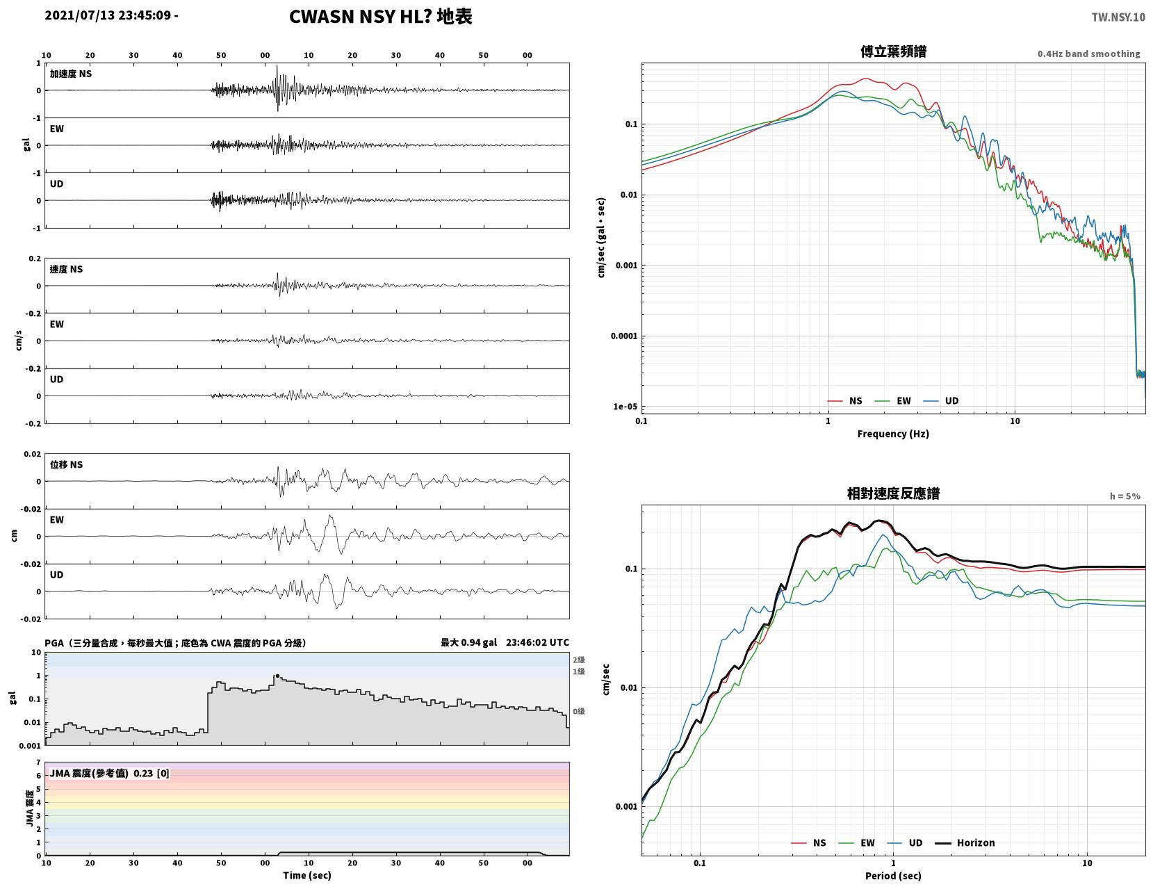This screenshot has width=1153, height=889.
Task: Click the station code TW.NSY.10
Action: (x=1118, y=17)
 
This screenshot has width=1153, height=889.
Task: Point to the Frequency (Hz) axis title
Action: (x=892, y=433)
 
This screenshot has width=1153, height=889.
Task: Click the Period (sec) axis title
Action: (x=892, y=876)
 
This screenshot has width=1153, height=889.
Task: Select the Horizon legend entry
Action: (x=964, y=843)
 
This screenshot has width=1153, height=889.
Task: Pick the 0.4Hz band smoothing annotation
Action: (x=1088, y=54)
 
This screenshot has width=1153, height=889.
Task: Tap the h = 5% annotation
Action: (x=1125, y=496)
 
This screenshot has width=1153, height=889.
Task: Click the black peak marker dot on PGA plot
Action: (x=277, y=676)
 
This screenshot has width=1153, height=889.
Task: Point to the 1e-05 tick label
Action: (x=625, y=407)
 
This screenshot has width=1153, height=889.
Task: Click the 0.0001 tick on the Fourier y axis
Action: (x=623, y=336)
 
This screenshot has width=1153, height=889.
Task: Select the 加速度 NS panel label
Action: (x=71, y=74)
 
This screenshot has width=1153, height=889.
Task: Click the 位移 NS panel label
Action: (x=66, y=464)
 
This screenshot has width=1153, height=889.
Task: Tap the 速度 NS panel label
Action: (x=66, y=270)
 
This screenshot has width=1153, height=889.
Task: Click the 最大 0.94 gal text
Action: (x=468, y=642)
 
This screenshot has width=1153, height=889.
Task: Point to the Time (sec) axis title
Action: (x=306, y=875)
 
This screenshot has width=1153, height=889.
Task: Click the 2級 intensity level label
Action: (x=578, y=660)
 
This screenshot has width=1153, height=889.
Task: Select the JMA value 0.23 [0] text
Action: (x=152, y=774)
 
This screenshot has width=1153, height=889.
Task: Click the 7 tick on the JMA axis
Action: (x=38, y=762)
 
